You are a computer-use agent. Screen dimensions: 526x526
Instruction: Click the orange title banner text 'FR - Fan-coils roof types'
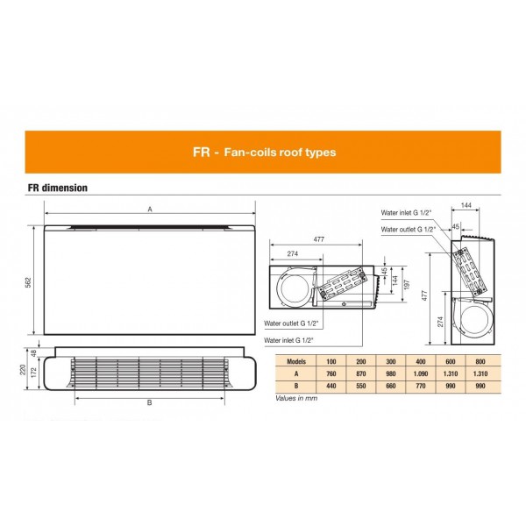265,153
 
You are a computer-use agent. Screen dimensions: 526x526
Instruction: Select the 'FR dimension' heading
58,188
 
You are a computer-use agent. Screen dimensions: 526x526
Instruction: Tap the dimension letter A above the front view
150,210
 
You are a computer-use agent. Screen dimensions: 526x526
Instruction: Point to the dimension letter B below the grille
150,402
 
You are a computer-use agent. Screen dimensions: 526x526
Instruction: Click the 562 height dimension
29,282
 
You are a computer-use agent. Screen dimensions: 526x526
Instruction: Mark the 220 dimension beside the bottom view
23,370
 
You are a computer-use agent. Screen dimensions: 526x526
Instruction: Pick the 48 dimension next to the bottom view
33,353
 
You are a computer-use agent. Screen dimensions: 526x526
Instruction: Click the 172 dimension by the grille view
33,373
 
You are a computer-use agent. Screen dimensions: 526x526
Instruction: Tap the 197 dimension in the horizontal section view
407,284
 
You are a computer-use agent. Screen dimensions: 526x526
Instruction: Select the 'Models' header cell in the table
296,361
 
